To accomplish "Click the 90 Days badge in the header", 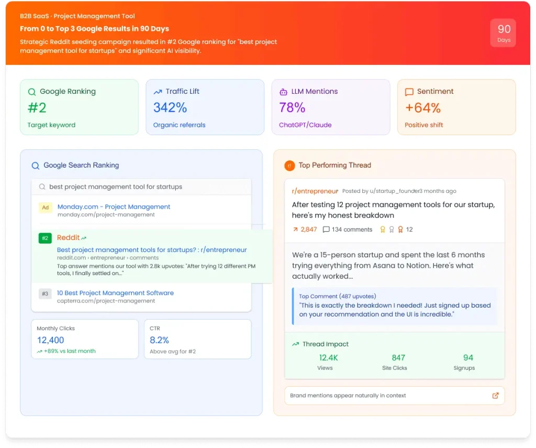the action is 503,33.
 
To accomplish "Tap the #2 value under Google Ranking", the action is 37,108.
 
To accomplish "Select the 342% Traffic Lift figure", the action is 170,108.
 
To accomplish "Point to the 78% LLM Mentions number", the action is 292,108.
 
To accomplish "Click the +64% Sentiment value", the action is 422,108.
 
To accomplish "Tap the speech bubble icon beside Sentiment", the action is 409,92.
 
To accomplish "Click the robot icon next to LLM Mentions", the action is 283,92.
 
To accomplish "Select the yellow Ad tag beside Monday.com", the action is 45,207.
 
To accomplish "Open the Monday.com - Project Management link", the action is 114,207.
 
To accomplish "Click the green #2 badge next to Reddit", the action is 45,238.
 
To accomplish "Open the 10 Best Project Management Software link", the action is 115,293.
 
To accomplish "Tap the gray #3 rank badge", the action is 45,293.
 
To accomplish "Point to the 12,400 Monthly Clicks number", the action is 50,340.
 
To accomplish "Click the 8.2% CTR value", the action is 159,340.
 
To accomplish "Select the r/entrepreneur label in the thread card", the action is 315,191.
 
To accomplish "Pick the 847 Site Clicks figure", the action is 398,358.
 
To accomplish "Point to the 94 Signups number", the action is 468,358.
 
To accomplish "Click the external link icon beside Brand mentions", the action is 495,396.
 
